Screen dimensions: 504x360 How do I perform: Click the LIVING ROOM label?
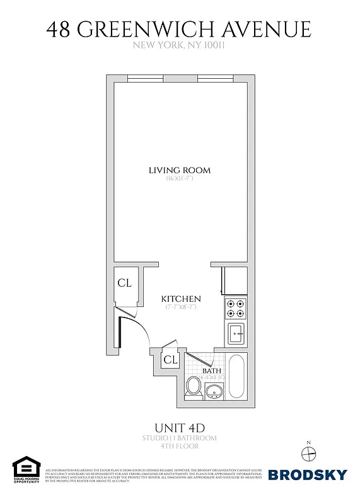point(180,170)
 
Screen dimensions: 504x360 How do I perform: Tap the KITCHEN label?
point(181,299)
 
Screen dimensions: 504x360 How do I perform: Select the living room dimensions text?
point(180,179)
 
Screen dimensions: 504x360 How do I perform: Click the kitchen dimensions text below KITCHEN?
point(181,307)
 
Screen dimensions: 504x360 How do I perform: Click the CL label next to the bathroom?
point(170,360)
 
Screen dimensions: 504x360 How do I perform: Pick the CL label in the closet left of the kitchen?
point(124,283)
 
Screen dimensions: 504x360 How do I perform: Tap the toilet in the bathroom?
point(194,386)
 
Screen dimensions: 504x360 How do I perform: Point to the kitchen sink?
point(237,332)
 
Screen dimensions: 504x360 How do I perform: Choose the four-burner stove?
point(236,307)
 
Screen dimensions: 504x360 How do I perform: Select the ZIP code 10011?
point(214,45)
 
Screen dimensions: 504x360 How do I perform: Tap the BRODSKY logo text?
point(308,474)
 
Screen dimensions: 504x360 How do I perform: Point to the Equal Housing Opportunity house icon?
point(26,466)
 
